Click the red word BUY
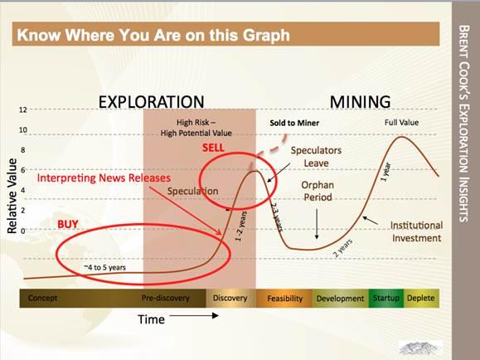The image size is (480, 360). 68,224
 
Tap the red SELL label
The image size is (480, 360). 213,148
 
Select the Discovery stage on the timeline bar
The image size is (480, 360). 230,298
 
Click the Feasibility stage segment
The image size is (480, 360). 284,299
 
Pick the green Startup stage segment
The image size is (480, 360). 386,298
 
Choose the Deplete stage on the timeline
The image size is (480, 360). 421,298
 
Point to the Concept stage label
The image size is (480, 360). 42,298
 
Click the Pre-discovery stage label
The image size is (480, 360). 165,298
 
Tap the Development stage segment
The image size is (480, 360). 341,299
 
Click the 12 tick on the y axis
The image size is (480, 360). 23,109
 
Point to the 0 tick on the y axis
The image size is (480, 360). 23,231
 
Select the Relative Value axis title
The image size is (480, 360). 12,196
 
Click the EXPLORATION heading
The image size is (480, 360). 151,102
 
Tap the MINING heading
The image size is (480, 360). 360,102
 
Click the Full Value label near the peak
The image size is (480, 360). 401,123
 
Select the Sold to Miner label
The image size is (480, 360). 294,123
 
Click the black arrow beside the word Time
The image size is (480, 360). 194,315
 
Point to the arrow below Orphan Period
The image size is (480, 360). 317,224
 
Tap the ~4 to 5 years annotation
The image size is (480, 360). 105,267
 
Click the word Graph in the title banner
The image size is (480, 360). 266,36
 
